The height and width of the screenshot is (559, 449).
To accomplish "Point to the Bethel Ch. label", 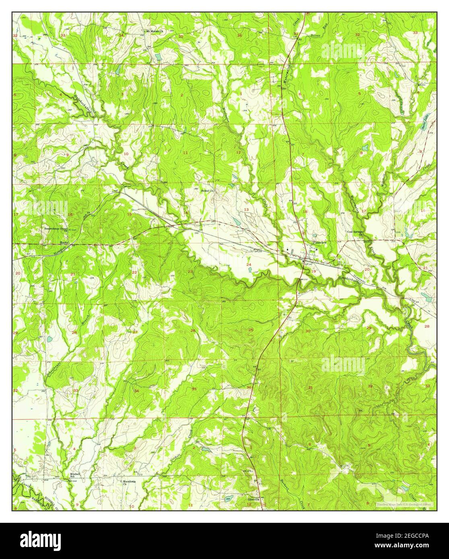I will tap(209, 191).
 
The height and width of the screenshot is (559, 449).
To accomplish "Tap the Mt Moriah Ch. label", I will tap(153, 31).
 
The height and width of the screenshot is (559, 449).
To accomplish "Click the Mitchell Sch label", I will tap(75, 475).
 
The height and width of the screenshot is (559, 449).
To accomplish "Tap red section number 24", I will tap(249, 264).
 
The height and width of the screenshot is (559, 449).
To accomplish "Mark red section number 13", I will tap(246, 210).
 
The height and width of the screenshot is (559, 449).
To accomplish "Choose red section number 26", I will tap(193, 331).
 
